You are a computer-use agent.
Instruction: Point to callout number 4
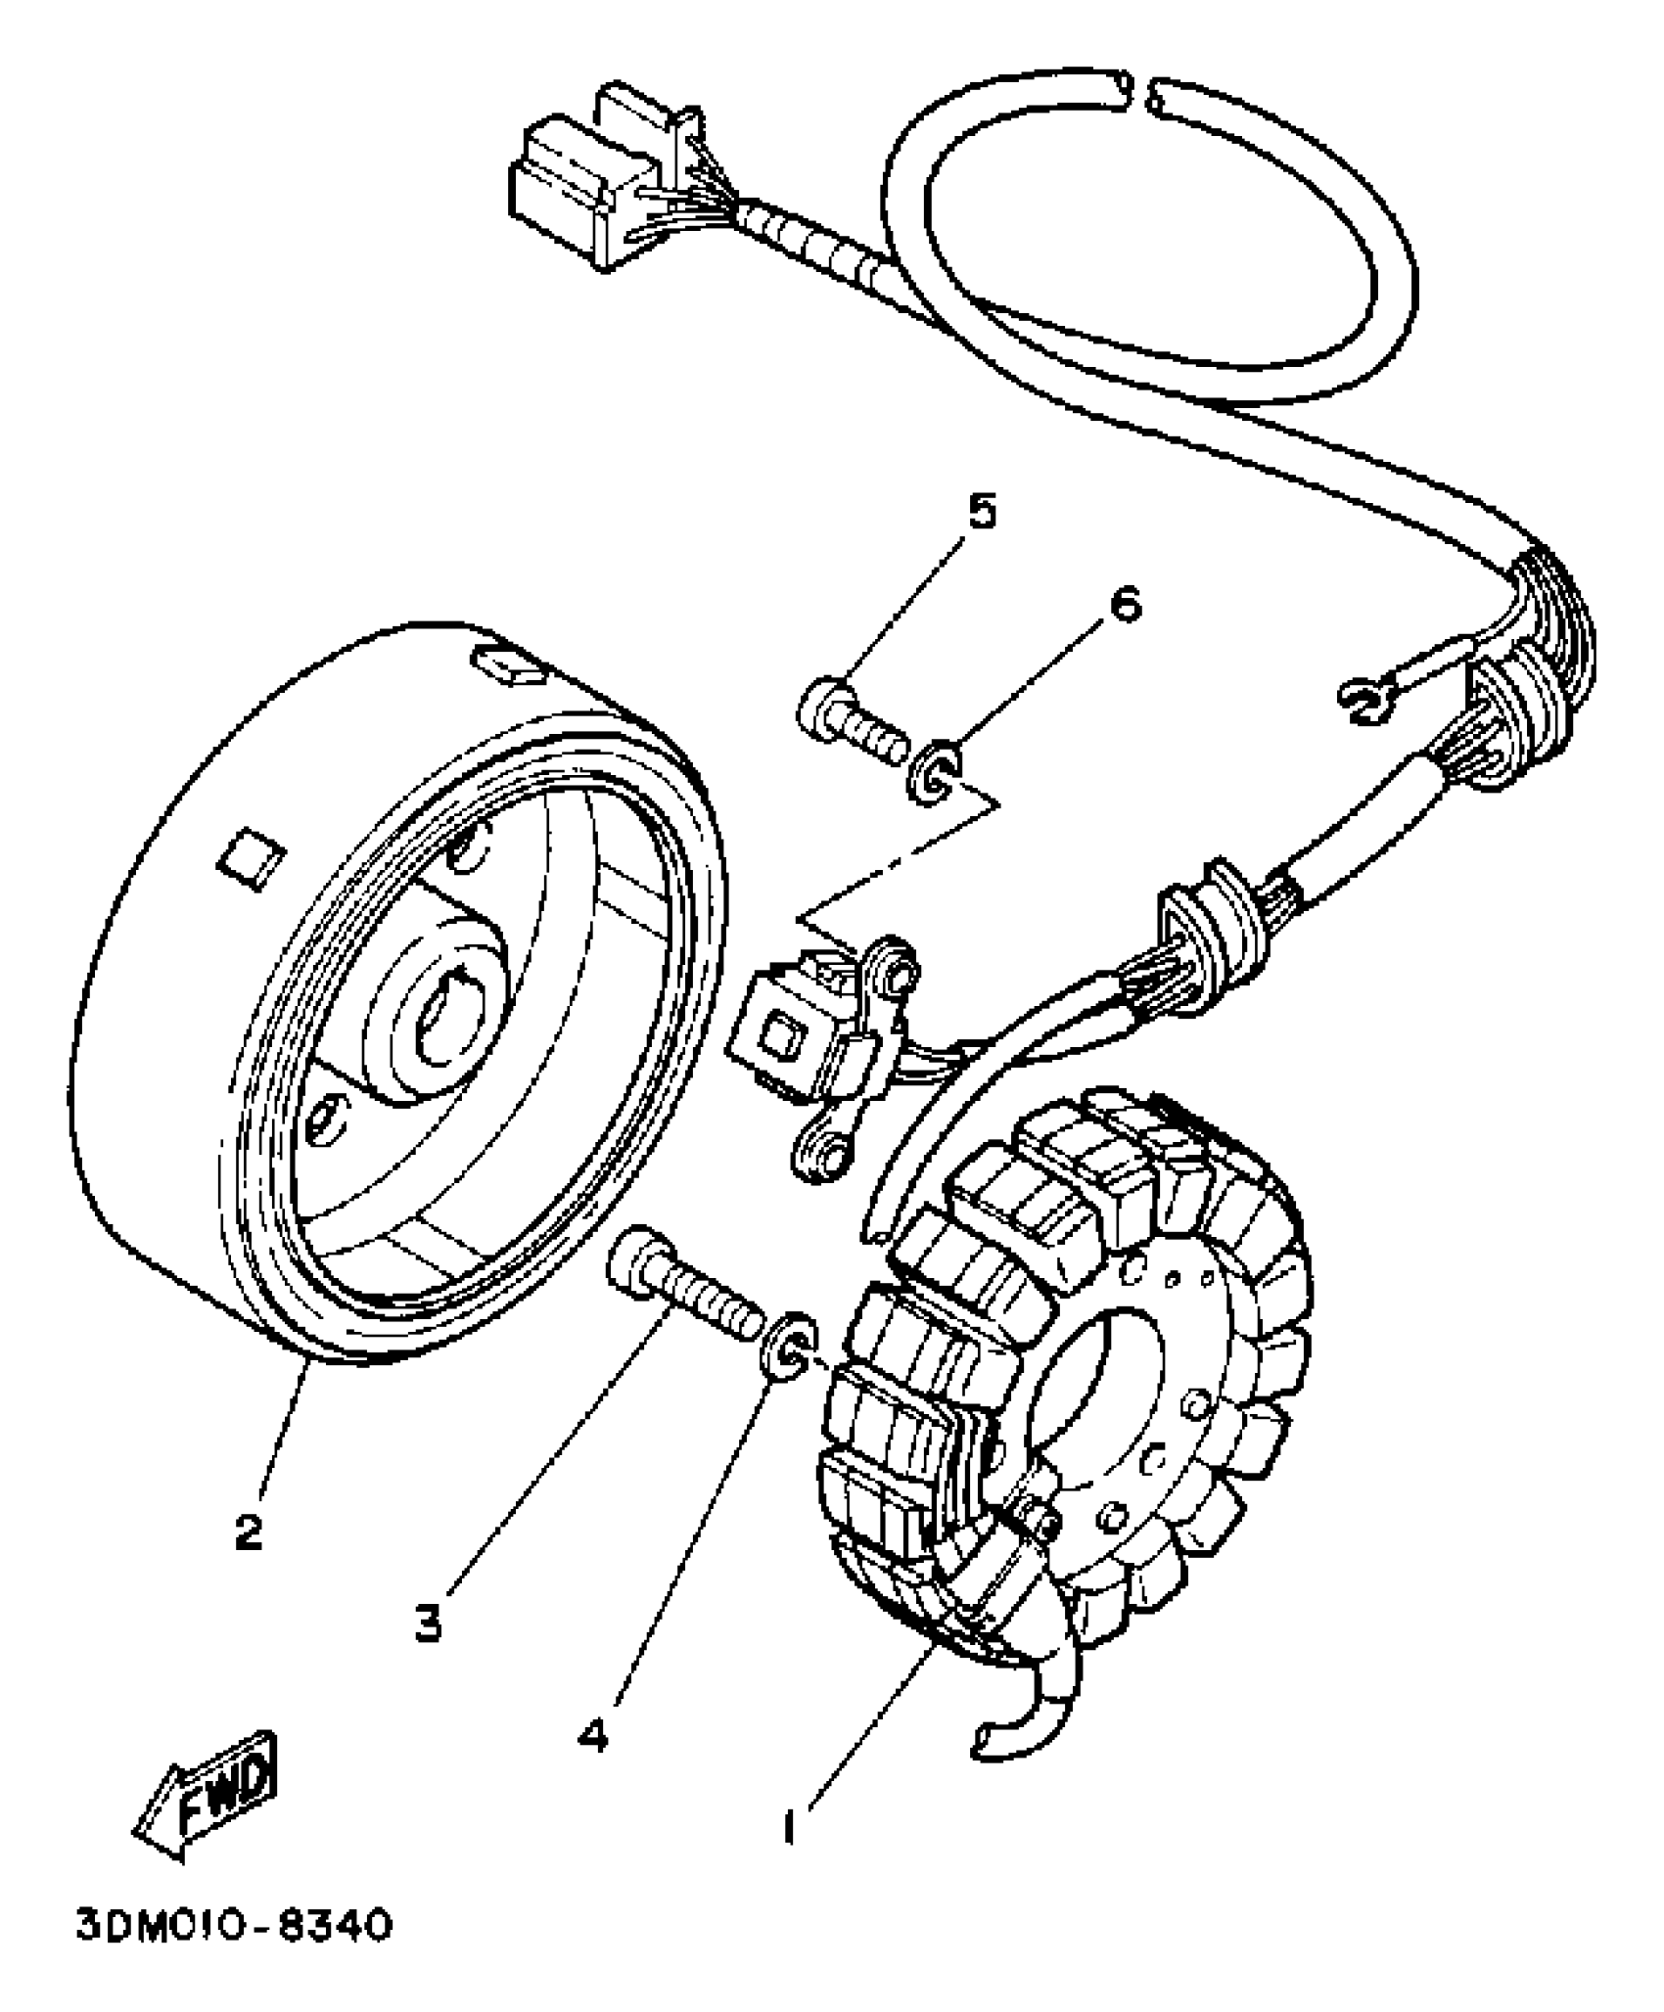coord(593,1735)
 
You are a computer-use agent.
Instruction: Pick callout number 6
coord(1124,606)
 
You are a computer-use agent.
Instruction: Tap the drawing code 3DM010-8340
coord(235,1927)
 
